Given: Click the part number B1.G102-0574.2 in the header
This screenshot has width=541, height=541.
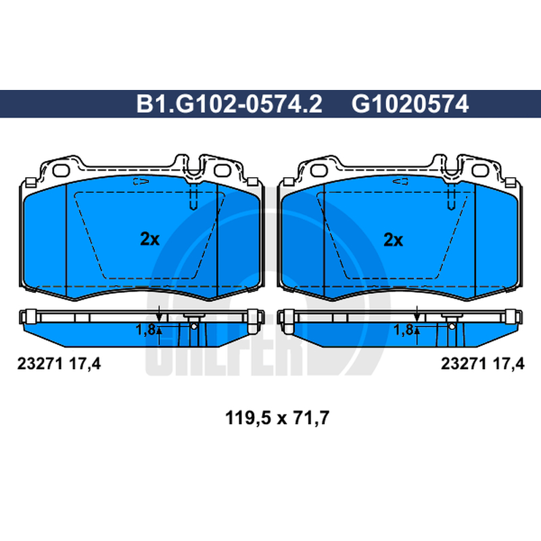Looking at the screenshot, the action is click(229, 104).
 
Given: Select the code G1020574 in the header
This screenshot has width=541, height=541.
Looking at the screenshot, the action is click(410, 104).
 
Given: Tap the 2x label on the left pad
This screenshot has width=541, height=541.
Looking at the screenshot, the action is click(149, 239).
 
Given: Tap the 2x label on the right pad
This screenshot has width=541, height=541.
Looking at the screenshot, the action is click(394, 239).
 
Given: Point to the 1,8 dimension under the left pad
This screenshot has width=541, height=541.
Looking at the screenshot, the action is click(145, 330).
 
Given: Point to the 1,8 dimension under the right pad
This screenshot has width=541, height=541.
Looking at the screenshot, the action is click(403, 330).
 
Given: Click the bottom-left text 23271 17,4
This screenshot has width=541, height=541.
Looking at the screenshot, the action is click(59, 364).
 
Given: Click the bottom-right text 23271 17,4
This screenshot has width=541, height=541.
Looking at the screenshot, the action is click(482, 364).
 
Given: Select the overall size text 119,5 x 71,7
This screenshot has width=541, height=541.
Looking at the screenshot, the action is click(277, 418).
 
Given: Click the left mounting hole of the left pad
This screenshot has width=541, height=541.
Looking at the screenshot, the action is click(61, 170).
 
